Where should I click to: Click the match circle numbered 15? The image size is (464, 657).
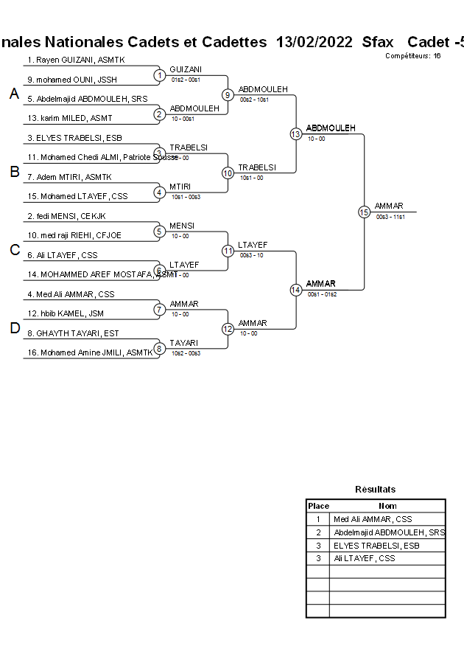coord(364,212)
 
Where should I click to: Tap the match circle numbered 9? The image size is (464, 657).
coord(228,94)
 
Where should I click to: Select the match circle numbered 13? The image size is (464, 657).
coord(295,133)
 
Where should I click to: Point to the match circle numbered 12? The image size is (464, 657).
coord(228,329)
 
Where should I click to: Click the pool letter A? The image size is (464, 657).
coord(14,94)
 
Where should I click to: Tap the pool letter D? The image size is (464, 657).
coord(14,329)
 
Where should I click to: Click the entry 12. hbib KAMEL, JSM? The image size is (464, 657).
coord(66,313)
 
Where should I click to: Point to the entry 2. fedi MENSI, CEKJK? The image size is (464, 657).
coord(66,216)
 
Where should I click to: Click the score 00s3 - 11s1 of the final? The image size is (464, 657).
coord(390,217)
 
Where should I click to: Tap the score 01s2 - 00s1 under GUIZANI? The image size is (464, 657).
coord(186,80)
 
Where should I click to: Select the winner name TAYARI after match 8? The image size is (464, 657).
coord(184,344)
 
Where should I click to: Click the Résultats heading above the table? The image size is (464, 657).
coord(375,490)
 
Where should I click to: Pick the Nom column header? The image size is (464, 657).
coord(387,506)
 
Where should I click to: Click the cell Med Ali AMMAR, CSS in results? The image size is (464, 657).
coord(373,519)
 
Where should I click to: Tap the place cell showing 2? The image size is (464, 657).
coord(318,532)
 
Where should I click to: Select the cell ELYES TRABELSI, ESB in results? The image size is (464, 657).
coord(376,546)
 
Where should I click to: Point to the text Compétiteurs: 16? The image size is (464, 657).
coord(412,56)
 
